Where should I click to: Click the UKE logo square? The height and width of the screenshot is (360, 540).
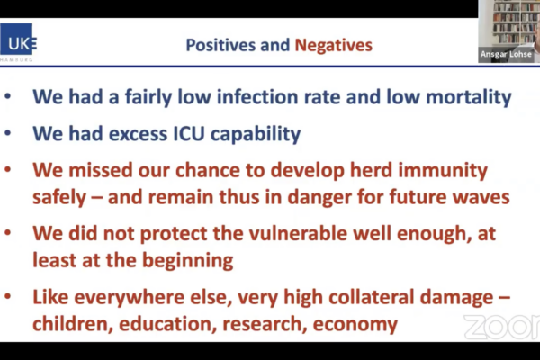click(17, 39)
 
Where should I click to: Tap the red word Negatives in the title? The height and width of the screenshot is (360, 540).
click(333, 45)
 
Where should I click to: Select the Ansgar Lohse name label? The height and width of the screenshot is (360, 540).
click(506, 54)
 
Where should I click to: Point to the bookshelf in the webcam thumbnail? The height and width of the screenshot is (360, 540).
click(513, 22)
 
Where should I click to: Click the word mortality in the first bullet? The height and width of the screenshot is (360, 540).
click(469, 97)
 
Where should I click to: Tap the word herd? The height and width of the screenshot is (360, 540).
click(371, 170)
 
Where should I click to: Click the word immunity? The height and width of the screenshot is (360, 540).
click(443, 171)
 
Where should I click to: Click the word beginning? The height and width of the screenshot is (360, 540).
click(188, 261)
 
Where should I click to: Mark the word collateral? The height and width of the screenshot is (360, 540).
click(371, 297)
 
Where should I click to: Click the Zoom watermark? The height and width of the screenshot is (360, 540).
click(502, 327)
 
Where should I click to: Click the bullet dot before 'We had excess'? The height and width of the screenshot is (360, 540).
click(7, 133)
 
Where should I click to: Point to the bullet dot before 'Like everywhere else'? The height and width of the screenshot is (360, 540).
click(7, 297)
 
